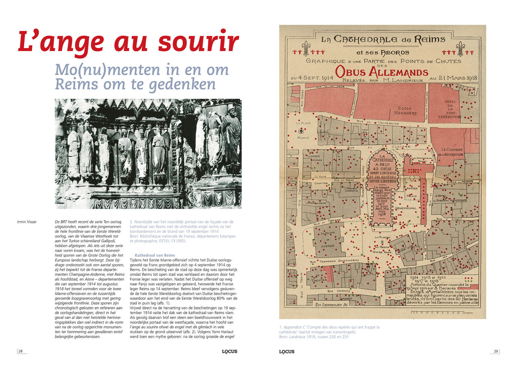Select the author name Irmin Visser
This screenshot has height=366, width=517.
pos(27,222)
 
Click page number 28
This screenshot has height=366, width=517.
pos(21,351)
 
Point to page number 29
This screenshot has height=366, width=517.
pos(496,351)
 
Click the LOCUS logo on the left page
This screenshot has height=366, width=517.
pos(230,352)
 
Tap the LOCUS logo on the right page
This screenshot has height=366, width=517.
pos(287,352)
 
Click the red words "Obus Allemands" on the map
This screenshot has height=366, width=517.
pos(381,72)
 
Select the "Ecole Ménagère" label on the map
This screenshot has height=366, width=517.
pos(405,111)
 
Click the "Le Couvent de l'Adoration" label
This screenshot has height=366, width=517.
pos(452,152)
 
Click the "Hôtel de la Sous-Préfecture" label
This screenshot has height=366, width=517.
pos(450,109)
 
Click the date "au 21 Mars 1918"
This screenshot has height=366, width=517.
pos(453,78)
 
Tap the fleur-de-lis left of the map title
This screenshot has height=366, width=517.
pos(305,48)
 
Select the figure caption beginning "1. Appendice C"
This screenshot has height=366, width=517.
pos(329,332)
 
